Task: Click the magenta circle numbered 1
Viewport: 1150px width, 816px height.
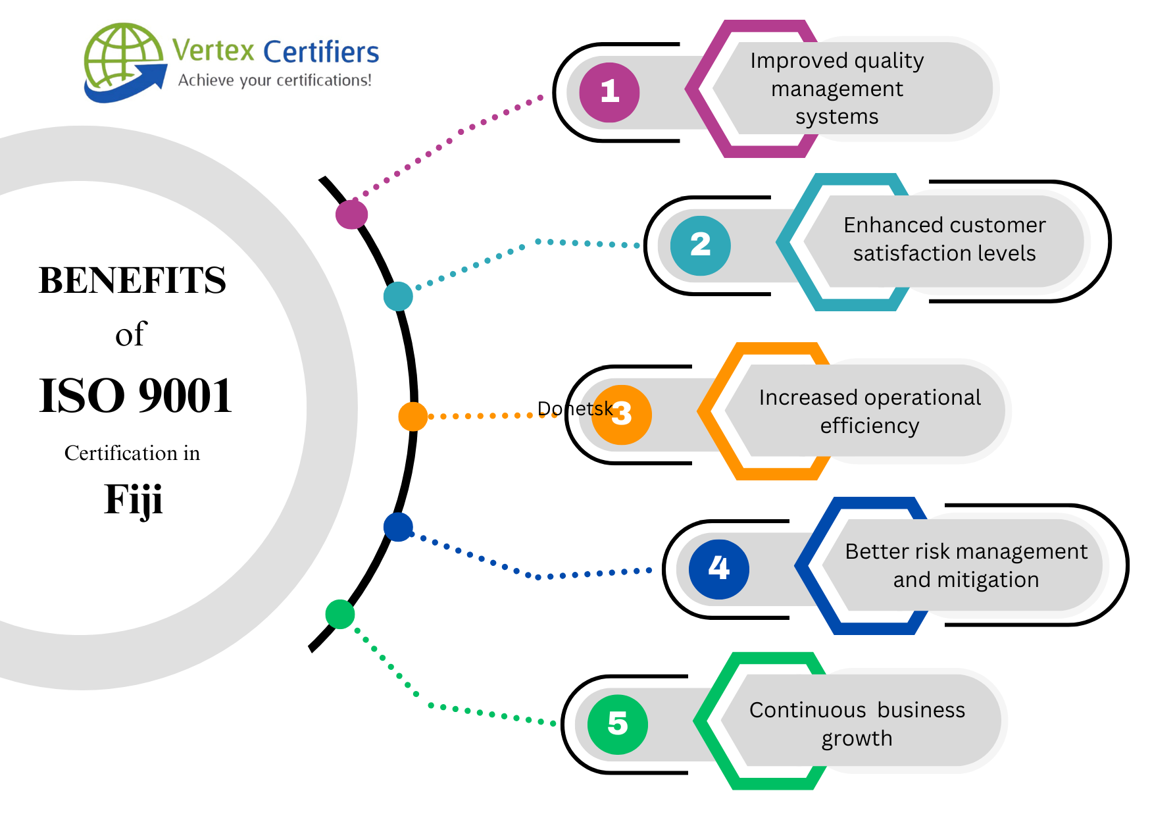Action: [609, 92]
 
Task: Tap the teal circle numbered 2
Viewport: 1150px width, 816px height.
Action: [700, 245]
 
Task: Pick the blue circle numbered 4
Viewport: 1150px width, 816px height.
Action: [718, 569]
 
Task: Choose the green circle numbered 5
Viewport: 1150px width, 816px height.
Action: [617, 724]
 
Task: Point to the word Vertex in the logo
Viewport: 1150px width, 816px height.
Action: [213, 51]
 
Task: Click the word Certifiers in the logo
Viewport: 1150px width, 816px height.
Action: [321, 52]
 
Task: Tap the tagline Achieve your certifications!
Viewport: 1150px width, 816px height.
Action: [274, 80]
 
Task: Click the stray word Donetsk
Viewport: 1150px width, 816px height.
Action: [574, 409]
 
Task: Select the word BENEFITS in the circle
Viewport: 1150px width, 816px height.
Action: [132, 280]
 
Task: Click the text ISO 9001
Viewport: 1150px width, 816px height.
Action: [136, 396]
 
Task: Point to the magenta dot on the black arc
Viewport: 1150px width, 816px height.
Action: [351, 215]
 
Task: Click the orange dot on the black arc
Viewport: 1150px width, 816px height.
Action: [413, 417]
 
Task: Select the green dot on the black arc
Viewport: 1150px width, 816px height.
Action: [340, 614]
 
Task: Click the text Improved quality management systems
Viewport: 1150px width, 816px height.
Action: [837, 89]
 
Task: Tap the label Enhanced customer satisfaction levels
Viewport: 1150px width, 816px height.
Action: [944, 239]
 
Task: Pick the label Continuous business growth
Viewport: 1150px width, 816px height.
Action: [857, 724]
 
